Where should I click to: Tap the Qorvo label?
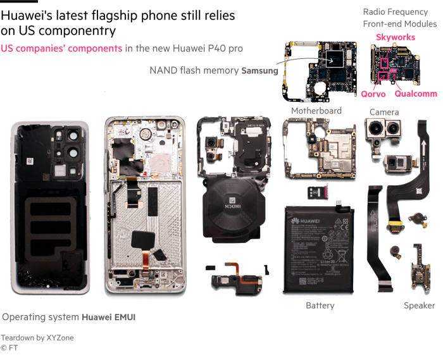pyautogui.click(x=373, y=94)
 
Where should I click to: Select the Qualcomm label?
pyautogui.click(x=415, y=94)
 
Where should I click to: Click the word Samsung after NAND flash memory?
pyautogui.click(x=259, y=71)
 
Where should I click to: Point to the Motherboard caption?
pyautogui.click(x=316, y=111)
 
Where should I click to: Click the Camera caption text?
pyautogui.click(x=384, y=112)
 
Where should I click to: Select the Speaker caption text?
pyautogui.click(x=420, y=306)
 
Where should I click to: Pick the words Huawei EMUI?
pyautogui.click(x=113, y=317)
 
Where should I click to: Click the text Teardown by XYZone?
pyautogui.click(x=37, y=338)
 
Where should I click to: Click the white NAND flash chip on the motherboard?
pyautogui.click(x=334, y=59)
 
